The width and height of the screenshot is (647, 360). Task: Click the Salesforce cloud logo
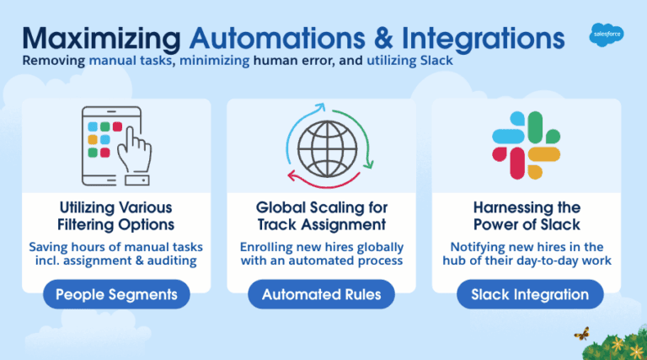coord(607,35)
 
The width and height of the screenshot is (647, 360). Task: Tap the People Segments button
coord(116,294)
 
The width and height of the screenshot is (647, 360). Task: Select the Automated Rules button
coord(322,294)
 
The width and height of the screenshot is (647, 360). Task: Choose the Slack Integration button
coord(530,294)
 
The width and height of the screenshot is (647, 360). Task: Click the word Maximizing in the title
coord(101,40)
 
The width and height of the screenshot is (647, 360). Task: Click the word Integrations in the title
coord(484,40)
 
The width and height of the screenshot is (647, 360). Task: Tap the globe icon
coord(327,148)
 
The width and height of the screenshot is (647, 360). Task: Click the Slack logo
coord(526,145)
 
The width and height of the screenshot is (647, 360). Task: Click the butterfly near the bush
coord(582,333)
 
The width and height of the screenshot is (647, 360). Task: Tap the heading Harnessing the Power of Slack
coord(527,216)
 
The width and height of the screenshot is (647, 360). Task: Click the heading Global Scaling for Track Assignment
coord(322,216)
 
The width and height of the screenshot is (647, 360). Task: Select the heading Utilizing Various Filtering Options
coord(116,216)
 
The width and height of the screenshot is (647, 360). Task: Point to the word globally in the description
coord(380,247)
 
